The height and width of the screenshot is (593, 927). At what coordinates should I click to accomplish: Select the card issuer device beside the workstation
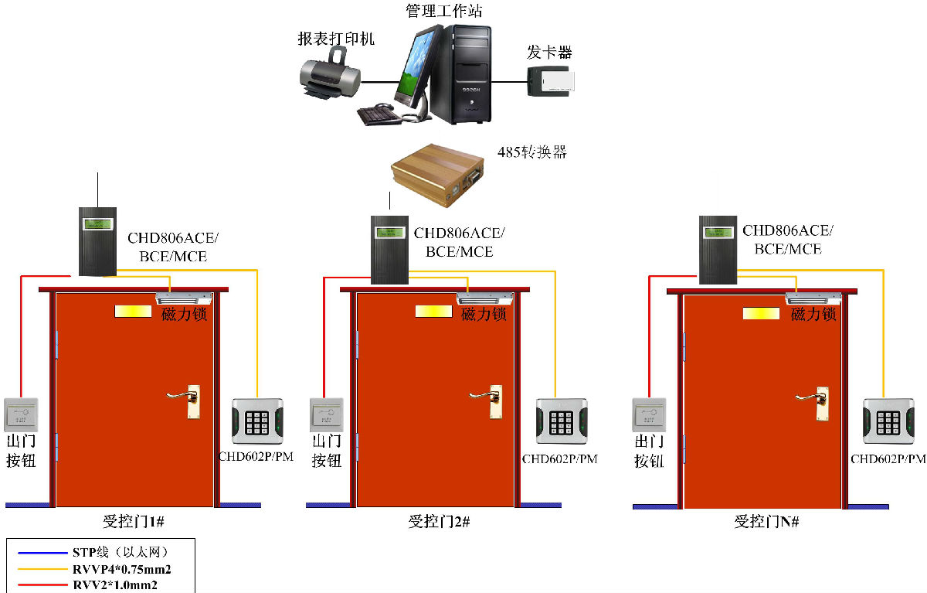pos(551,80)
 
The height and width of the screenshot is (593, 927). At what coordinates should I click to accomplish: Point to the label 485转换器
pos(531,152)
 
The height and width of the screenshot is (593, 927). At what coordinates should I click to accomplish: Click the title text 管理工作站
pos(444,11)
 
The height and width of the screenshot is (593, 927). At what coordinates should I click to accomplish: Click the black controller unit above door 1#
pos(97,240)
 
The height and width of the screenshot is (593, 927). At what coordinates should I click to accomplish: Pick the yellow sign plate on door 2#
pos(433,312)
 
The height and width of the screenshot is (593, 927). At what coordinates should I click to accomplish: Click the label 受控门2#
pos(439,522)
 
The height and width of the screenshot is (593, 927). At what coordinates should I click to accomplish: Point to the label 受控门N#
pos(766,522)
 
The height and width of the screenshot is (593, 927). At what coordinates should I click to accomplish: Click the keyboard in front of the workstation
pos(379,113)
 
